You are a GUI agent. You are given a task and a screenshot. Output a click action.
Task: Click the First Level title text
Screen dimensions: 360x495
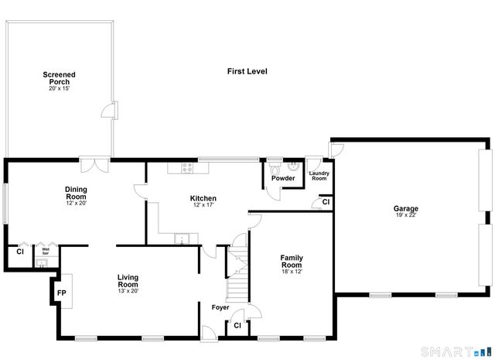(x=247, y=71)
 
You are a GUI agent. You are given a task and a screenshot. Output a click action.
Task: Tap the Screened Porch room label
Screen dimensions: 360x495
(x=59, y=78)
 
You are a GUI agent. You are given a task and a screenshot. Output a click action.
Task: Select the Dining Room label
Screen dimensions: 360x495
(x=76, y=194)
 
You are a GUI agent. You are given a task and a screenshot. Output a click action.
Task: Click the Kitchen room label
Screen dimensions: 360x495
(x=203, y=198)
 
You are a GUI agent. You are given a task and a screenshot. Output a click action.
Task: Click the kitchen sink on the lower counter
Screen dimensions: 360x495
(x=180, y=238)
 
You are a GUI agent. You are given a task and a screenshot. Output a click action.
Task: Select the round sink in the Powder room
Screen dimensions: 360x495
(x=294, y=166)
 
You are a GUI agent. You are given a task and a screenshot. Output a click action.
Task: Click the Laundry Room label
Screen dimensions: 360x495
(x=319, y=176)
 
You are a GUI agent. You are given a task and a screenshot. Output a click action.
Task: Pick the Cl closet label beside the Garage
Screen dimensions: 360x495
(x=326, y=202)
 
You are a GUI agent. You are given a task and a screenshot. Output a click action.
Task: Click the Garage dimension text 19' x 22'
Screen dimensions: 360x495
(x=405, y=216)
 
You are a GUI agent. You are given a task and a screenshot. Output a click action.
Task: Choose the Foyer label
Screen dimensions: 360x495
(x=220, y=307)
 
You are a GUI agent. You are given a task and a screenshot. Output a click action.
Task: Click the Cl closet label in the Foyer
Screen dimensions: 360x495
(x=237, y=327)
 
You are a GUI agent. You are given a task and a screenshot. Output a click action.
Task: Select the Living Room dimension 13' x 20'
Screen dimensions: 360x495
(x=128, y=291)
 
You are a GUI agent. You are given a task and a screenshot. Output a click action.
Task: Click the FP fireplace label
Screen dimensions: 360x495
(x=60, y=293)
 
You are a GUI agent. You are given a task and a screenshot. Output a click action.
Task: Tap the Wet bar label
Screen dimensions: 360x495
(x=45, y=252)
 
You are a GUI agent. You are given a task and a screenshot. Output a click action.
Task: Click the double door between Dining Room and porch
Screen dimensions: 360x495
(x=96, y=164)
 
